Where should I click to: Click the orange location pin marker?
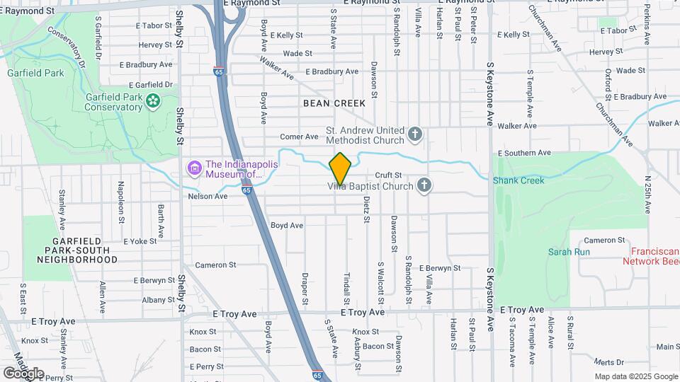[x=340, y=168]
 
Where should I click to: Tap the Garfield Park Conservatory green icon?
[x=152, y=103]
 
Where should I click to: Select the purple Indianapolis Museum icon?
[x=193, y=168]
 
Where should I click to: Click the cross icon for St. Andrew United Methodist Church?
[x=416, y=133]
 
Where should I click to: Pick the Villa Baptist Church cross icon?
[x=424, y=185]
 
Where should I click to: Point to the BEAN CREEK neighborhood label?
[x=334, y=103]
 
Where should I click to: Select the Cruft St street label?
[x=388, y=175]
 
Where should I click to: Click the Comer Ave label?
[x=300, y=137]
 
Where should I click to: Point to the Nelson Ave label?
[x=208, y=196]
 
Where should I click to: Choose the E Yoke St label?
[x=140, y=241]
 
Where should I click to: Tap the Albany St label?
[x=153, y=300]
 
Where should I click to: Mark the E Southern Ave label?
[x=524, y=153]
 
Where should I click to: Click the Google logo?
[x=23, y=373]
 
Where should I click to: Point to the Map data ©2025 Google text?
[x=636, y=376]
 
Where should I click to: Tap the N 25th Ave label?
[x=647, y=194]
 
